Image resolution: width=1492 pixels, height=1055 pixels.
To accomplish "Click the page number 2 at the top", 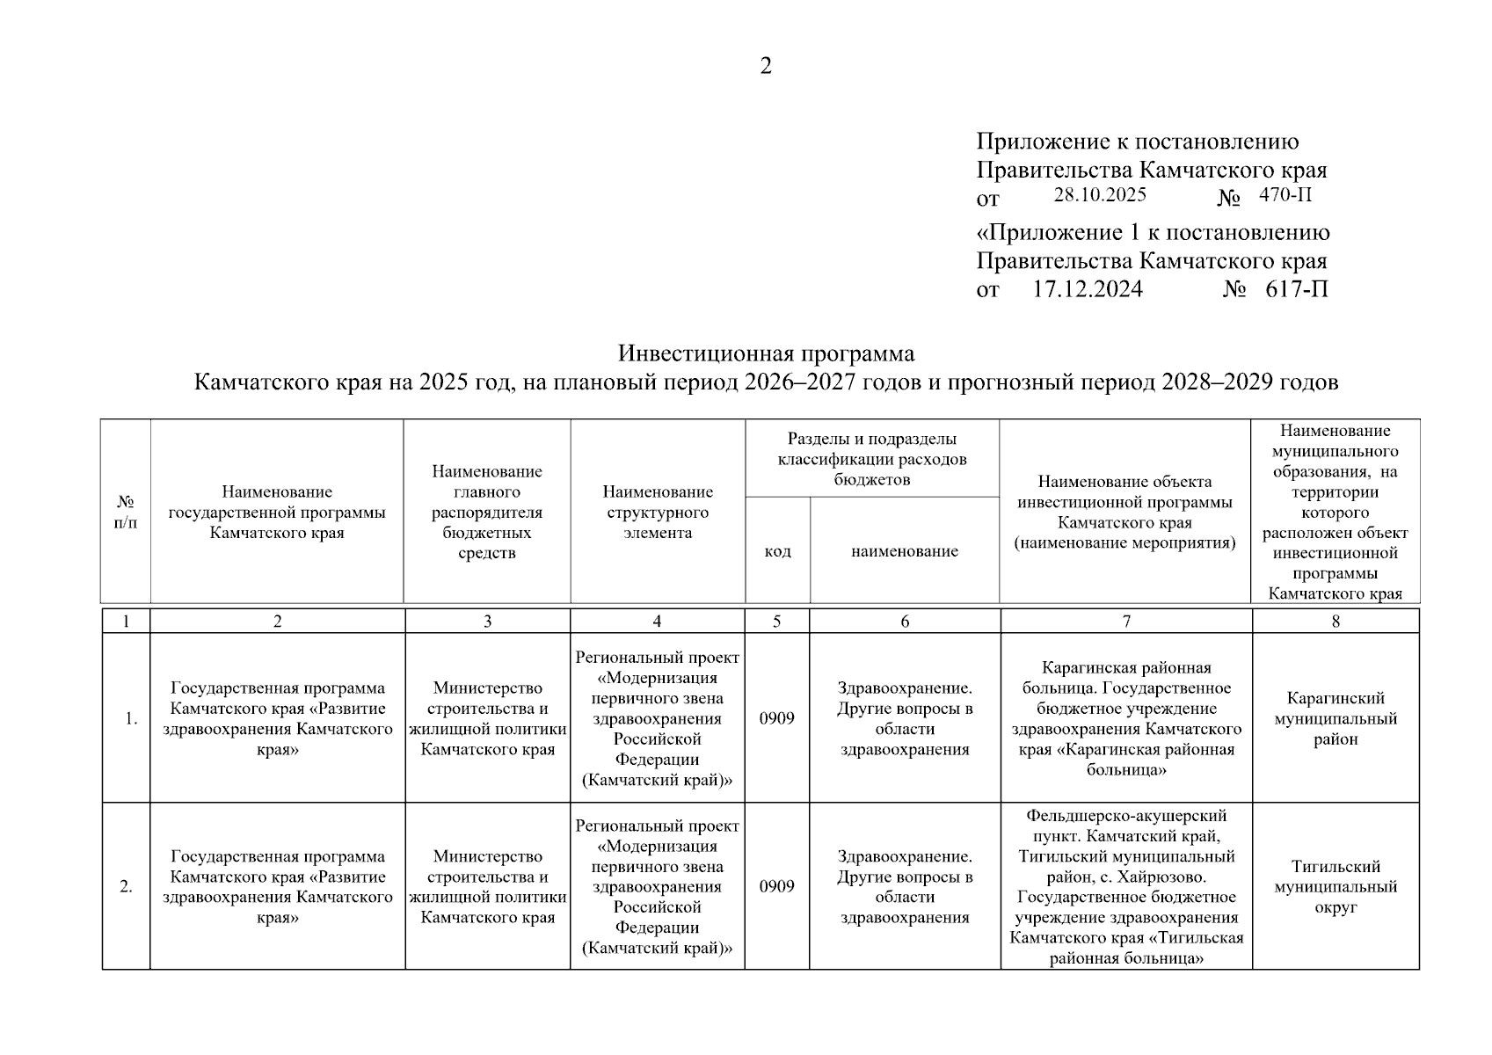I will coord(765,66).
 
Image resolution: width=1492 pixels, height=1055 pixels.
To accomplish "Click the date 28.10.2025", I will coord(1099,194).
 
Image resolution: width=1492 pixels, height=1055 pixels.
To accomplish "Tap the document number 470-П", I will coord(1285,194).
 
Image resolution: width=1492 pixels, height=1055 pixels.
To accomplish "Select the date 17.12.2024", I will coord(1087,289).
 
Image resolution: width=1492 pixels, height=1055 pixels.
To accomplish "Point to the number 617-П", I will coord(1297,289).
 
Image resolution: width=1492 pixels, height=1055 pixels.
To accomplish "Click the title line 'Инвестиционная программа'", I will coord(766,353).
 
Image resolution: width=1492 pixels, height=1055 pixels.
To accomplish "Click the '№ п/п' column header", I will coord(126,512).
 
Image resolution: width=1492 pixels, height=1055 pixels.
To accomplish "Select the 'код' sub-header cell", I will coord(777,551).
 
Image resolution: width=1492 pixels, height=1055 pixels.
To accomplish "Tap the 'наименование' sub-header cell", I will coord(904,551).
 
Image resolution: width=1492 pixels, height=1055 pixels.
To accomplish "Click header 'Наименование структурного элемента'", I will coord(658,512).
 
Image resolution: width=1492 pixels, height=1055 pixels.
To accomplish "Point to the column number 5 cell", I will coord(776,622).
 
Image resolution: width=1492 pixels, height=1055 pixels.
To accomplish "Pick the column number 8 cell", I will coord(1335,622).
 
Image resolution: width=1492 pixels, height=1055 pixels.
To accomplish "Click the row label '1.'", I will coord(130,718).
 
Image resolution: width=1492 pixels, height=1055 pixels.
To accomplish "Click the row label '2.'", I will coord(126,886).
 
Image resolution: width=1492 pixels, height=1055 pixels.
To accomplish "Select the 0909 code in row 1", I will coord(776,718).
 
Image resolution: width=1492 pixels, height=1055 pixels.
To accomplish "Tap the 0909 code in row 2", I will coord(776,886).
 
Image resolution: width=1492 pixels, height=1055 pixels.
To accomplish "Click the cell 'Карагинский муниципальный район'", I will coord(1335,718).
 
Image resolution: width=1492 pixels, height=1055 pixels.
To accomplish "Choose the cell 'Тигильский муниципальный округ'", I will coord(1335,886).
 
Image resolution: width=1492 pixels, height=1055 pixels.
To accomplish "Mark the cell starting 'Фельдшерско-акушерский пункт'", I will coord(1126,886).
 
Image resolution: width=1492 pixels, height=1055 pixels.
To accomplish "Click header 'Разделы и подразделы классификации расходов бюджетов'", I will coord(871,458).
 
